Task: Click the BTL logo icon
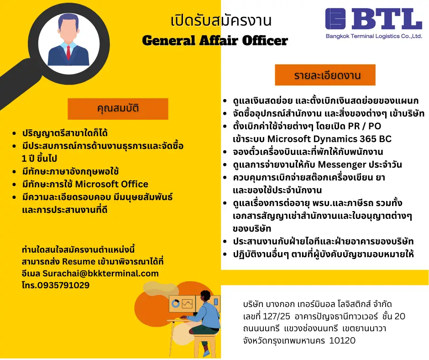pyautogui.click(x=335, y=19)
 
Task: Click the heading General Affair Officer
pyautogui.click(x=215, y=41)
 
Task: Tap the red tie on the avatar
pyautogui.click(x=68, y=53)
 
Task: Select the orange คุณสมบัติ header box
pyautogui.click(x=118, y=109)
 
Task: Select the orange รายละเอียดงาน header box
pyautogui.click(x=325, y=75)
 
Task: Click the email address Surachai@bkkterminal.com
pyautogui.click(x=100, y=273)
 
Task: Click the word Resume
pyautogui.click(x=78, y=262)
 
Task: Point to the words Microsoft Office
pyautogui.click(x=112, y=184)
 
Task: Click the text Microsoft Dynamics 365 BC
pyautogui.click(x=330, y=139)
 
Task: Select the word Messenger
pyautogui.click(x=342, y=164)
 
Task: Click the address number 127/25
pyautogui.click(x=276, y=317)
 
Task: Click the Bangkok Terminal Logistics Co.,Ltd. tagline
pyautogui.click(x=374, y=36)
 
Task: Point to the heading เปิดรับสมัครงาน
pyautogui.click(x=221, y=21)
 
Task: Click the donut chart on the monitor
pyautogui.click(x=175, y=303)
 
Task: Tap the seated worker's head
pyautogui.click(x=205, y=297)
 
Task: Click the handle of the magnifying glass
pyautogui.click(x=16, y=84)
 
